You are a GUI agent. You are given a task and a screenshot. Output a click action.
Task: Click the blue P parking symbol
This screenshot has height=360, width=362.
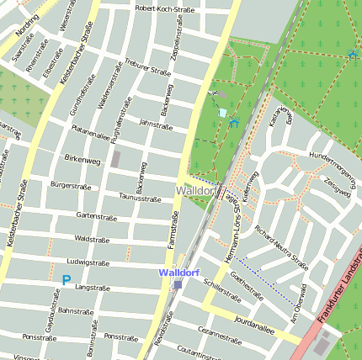[66, 280]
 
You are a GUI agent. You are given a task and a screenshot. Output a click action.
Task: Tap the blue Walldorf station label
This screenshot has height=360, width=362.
[178, 273]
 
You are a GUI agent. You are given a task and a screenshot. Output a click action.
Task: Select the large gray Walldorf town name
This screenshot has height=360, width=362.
[197, 192]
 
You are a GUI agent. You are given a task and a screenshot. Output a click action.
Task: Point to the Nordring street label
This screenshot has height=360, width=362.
[27, 20]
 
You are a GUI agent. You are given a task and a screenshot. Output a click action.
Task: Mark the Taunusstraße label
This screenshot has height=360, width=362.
[139, 199]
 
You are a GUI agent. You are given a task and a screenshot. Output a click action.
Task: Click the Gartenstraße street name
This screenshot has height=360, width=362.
[94, 216]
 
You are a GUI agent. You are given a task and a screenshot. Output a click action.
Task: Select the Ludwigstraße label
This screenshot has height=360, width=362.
[88, 262]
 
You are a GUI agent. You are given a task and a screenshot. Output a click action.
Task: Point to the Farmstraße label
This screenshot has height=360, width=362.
[173, 232]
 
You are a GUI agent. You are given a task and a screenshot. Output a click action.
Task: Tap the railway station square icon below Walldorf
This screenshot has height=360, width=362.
[178, 285]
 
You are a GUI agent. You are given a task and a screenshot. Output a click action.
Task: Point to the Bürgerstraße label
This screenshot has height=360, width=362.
[69, 183]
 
